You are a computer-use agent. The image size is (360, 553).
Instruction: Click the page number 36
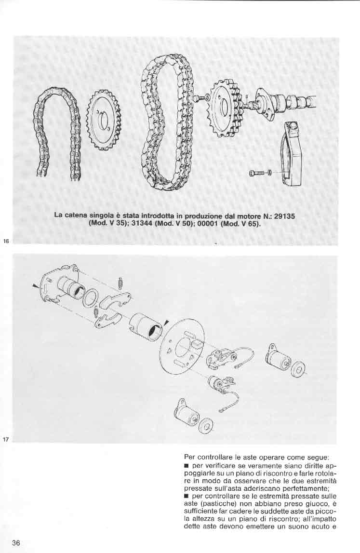[x=16, y=542]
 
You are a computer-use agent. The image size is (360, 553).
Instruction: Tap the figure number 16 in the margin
[x=6, y=241]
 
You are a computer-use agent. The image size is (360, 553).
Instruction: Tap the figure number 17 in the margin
[x=5, y=439]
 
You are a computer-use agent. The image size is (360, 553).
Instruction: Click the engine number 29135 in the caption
[x=284, y=216]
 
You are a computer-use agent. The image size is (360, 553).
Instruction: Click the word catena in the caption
[x=76, y=215]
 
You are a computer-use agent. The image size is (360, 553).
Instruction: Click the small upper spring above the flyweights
[x=120, y=283]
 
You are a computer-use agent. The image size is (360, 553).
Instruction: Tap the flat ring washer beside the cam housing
[x=91, y=297]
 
